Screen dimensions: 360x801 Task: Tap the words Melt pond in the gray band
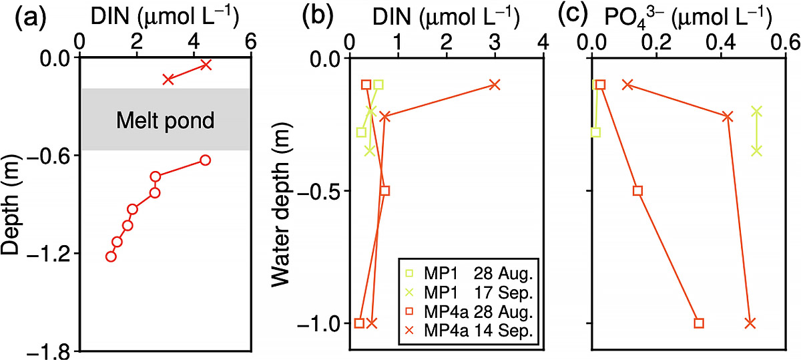click(x=165, y=121)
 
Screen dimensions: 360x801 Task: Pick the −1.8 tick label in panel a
click(x=51, y=351)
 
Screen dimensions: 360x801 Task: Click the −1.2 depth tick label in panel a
click(x=51, y=253)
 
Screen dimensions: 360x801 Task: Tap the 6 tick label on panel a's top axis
click(x=251, y=41)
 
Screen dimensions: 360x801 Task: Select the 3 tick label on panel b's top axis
click(x=495, y=41)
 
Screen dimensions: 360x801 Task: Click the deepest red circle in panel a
click(x=111, y=256)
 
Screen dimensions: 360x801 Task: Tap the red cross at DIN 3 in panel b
click(x=495, y=85)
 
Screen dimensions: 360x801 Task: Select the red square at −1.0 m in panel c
click(x=699, y=323)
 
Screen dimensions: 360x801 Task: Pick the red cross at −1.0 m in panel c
click(x=750, y=323)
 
